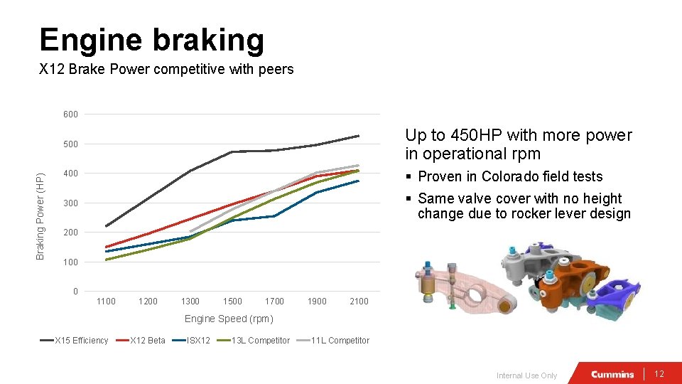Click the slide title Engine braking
tap(151, 40)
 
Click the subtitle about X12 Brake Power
tap(166, 70)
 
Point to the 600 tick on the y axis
tap(70, 114)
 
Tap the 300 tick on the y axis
tap(70, 203)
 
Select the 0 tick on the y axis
tap(75, 292)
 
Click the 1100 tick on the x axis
tap(106, 302)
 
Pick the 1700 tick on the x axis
tap(274, 302)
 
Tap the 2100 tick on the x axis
tap(359, 302)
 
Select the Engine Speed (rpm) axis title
tap(229, 319)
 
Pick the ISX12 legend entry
tap(197, 341)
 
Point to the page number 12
tap(659, 374)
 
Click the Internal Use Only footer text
tap(526, 375)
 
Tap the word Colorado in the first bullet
tap(510, 176)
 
